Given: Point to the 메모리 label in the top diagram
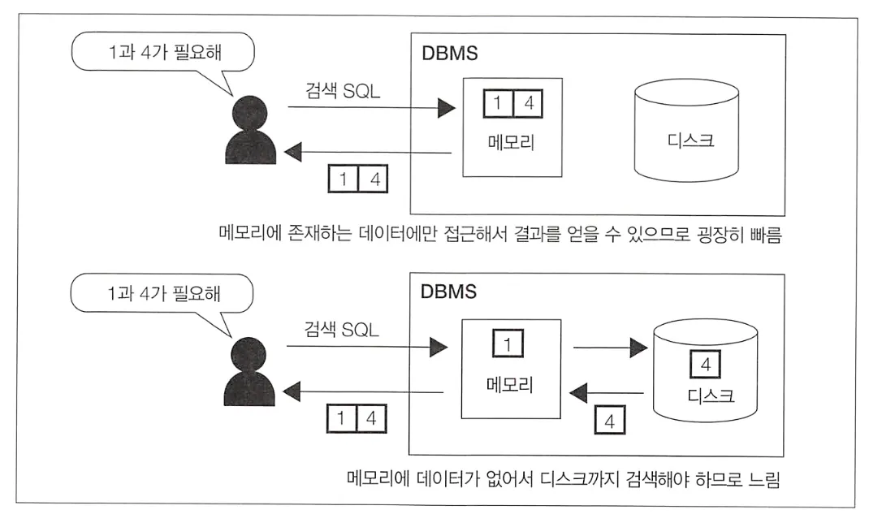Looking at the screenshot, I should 512,140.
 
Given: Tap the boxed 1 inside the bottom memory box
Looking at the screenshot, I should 508,345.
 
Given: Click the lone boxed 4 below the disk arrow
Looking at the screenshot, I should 610,421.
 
